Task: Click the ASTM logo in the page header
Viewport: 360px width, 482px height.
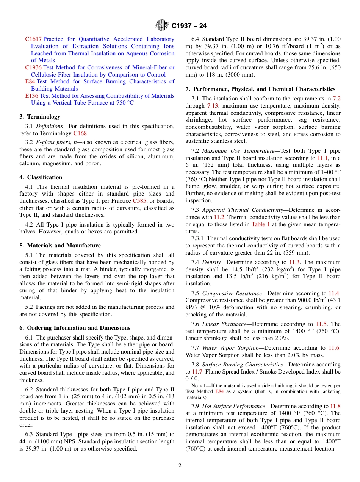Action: (162, 26)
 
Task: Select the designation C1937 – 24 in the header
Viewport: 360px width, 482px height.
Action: (189, 26)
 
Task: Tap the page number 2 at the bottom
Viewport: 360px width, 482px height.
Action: (180, 466)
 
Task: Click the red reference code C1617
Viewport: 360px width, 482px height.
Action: (33, 39)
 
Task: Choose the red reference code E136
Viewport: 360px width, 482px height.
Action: (31, 96)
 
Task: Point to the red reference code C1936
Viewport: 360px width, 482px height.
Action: (33, 67)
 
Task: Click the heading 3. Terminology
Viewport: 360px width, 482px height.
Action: (40, 117)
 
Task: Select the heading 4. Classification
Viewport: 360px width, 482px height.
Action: (41, 177)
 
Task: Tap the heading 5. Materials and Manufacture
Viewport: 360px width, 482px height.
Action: (60, 246)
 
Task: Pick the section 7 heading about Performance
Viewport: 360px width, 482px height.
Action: (260, 89)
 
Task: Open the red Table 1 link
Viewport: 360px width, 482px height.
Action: (261, 224)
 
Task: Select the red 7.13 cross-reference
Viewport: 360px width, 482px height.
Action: (212, 106)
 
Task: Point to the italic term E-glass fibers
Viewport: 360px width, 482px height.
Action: (51, 142)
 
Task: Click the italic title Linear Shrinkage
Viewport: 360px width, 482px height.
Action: (225, 324)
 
